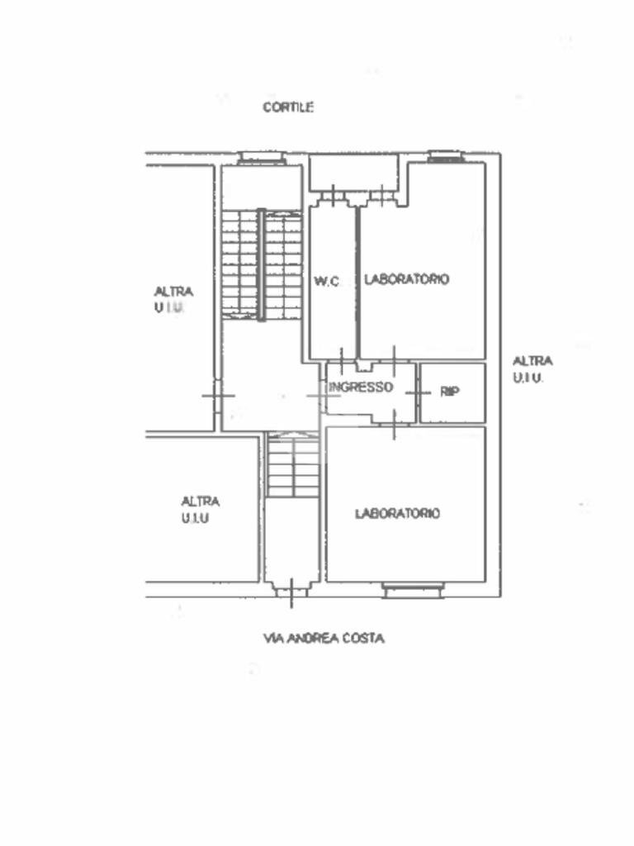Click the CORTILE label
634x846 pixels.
(x=288, y=107)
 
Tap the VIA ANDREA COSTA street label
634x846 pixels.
(x=324, y=639)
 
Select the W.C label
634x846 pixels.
(x=327, y=281)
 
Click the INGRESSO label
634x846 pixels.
(x=361, y=387)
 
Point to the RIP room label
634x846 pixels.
(x=450, y=392)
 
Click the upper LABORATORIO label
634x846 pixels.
(x=406, y=279)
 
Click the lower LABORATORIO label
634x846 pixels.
(x=397, y=513)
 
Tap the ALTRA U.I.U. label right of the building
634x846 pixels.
(x=532, y=369)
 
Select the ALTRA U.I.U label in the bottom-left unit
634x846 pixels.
(x=200, y=509)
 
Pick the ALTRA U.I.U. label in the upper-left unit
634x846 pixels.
(x=173, y=299)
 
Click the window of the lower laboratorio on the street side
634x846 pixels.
(x=413, y=590)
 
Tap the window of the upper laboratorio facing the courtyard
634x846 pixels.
(x=446, y=157)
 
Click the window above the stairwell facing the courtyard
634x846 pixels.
(x=262, y=158)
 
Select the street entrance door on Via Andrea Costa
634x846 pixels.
(x=291, y=592)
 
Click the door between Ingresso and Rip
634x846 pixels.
(x=418, y=393)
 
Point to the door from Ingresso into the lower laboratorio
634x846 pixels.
(x=394, y=425)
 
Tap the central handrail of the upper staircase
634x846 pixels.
(x=262, y=265)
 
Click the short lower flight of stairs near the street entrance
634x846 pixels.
(x=294, y=468)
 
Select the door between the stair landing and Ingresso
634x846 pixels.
(x=324, y=396)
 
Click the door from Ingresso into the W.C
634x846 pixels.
(x=342, y=360)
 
